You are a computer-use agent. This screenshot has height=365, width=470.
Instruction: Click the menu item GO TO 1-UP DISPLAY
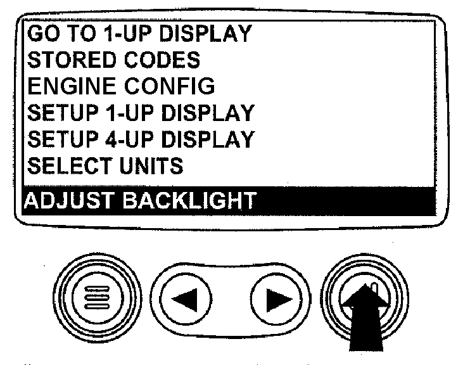click(140, 33)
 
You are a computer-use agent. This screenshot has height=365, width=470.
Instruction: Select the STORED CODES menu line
click(113, 60)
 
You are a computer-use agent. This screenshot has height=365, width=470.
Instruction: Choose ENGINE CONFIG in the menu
click(121, 86)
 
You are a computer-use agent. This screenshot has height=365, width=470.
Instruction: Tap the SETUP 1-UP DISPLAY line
click(141, 112)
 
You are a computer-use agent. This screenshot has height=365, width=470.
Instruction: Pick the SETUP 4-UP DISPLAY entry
click(141, 139)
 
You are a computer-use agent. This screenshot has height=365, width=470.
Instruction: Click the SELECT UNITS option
click(105, 165)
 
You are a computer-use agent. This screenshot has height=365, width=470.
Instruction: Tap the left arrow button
click(186, 299)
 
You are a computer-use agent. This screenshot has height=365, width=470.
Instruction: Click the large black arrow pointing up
click(365, 317)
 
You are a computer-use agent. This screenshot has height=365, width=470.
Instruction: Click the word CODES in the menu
click(162, 60)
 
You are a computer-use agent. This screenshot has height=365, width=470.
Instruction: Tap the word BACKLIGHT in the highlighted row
click(190, 200)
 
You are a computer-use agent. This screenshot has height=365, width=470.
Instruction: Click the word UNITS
click(151, 165)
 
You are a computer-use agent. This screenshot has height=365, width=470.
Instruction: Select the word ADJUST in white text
click(69, 200)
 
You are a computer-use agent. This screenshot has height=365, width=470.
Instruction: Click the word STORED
click(72, 60)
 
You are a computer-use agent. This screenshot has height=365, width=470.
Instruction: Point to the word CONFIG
click(170, 86)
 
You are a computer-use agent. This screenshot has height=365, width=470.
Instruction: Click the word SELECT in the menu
click(70, 165)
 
